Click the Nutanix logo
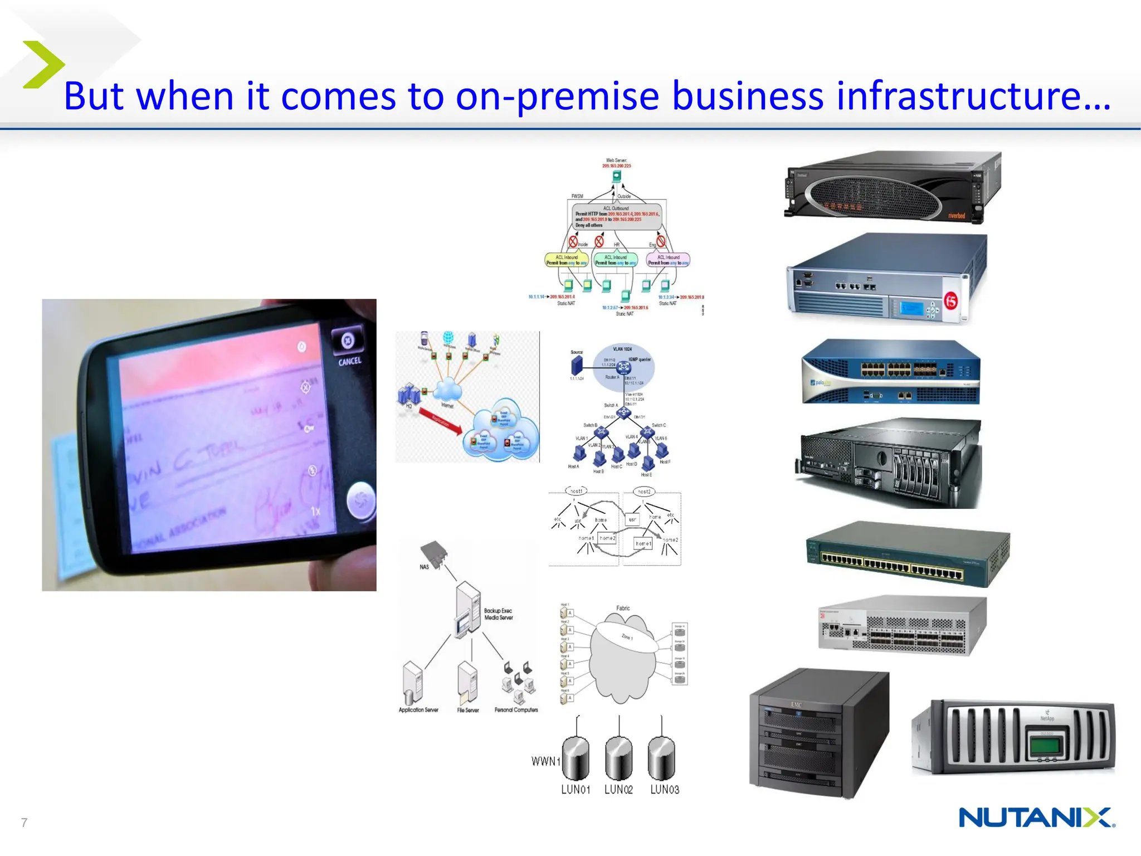coord(1036,818)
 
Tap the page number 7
coord(24,823)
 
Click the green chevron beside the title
coord(43,65)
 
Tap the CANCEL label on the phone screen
coord(350,361)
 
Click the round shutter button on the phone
coord(360,500)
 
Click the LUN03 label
coord(665,790)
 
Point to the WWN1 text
coord(545,761)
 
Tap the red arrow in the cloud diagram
coord(440,421)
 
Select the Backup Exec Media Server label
coord(498,614)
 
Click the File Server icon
coord(467,682)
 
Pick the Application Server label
coord(418,710)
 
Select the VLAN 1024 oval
coord(623,365)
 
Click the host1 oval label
coord(577,491)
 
